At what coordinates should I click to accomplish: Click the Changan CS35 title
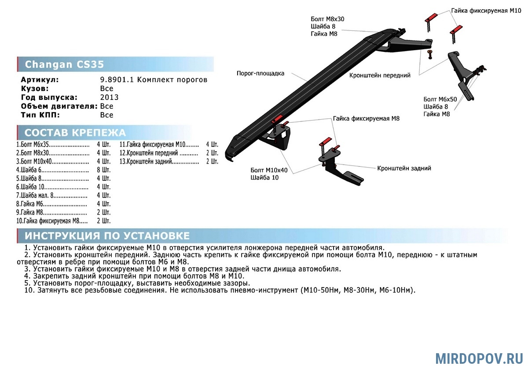[x=64, y=64]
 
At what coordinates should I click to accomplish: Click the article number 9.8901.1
[x=117, y=80]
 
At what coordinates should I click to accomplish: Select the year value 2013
[x=110, y=97]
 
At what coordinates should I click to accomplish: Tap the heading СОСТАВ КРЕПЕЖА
[x=75, y=133]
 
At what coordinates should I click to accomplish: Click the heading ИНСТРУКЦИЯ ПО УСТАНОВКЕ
[x=107, y=236]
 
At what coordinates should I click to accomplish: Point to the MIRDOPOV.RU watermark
[x=479, y=359]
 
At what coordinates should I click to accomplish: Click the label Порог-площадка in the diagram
[x=260, y=73]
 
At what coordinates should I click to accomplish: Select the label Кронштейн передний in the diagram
[x=380, y=75]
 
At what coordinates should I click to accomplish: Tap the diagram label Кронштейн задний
[x=404, y=168]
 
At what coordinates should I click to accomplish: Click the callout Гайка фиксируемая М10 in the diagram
[x=486, y=11]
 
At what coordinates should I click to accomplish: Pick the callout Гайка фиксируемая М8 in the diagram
[x=366, y=118]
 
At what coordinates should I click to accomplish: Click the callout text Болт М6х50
[x=440, y=99]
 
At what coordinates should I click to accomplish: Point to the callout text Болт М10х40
[x=269, y=170]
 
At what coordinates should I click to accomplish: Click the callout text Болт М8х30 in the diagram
[x=327, y=19]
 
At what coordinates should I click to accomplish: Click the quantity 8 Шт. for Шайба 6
[x=104, y=170]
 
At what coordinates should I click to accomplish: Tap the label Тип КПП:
[x=40, y=115]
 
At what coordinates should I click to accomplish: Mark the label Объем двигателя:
[x=59, y=106]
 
